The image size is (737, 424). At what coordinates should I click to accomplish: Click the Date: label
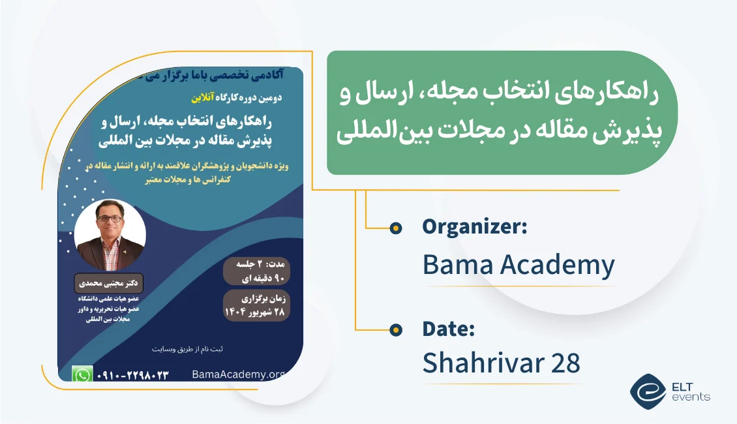pos(449,329)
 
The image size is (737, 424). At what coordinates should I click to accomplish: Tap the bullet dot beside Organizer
pos(396,228)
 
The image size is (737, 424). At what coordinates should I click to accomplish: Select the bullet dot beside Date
pos(396,330)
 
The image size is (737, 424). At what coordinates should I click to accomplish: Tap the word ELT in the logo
pos(682,387)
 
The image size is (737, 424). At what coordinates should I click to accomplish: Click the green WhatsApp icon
pos(82,374)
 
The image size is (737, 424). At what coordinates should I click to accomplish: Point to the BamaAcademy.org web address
pos(239,374)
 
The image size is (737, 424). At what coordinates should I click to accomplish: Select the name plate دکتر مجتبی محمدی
pos(108,284)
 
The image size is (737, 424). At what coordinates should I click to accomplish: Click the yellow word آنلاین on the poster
pos(203,98)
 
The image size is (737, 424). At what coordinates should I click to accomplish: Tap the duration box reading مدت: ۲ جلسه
pos(256,271)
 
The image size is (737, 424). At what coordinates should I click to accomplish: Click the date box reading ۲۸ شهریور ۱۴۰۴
pos(256,305)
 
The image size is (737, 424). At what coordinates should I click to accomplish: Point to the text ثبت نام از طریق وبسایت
pos(188,349)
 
